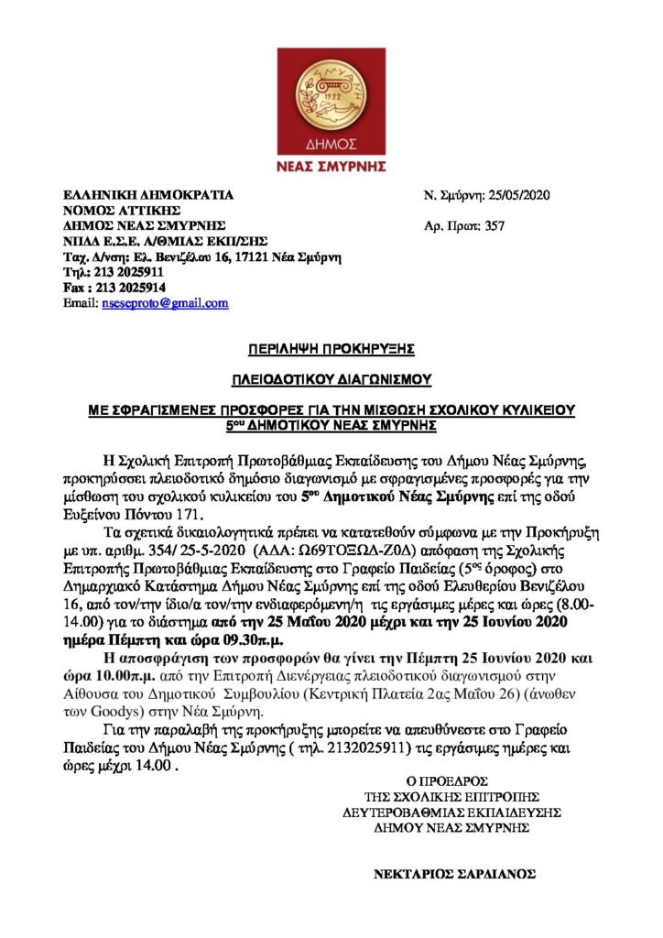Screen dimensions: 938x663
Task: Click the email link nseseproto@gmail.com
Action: tap(166, 303)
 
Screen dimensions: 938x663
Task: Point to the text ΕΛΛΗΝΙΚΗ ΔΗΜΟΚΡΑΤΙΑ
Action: tap(147, 195)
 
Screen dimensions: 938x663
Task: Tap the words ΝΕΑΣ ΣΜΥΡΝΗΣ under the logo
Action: tap(331, 167)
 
